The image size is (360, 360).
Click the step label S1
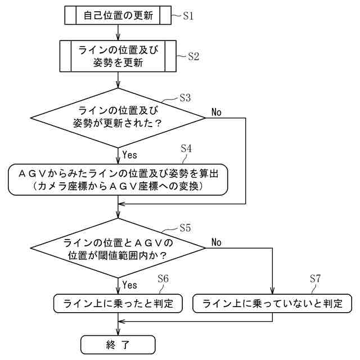click(x=188, y=16)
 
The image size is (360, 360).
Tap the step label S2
click(x=193, y=56)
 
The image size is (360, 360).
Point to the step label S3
click(x=185, y=98)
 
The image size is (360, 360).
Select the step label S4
click(x=186, y=148)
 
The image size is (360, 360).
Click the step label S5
click(x=185, y=228)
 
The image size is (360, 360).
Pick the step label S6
click(x=163, y=278)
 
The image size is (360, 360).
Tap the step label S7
click(x=315, y=278)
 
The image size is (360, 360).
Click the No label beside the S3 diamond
click(x=216, y=112)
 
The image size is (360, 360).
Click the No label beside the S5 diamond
click(x=216, y=242)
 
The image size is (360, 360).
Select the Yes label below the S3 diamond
click(x=129, y=155)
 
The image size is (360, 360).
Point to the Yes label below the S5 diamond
click(x=129, y=285)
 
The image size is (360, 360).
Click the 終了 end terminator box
click(x=118, y=345)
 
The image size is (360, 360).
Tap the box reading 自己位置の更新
click(x=118, y=15)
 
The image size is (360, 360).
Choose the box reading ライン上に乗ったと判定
click(x=118, y=303)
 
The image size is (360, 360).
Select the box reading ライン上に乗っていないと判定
click(x=272, y=303)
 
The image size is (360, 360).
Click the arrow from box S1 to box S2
click(x=118, y=33)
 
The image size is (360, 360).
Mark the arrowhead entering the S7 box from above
click(x=272, y=291)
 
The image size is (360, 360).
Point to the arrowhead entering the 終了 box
click(x=118, y=332)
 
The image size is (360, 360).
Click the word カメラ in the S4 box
click(x=51, y=186)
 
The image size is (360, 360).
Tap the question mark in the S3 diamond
click(x=157, y=124)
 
